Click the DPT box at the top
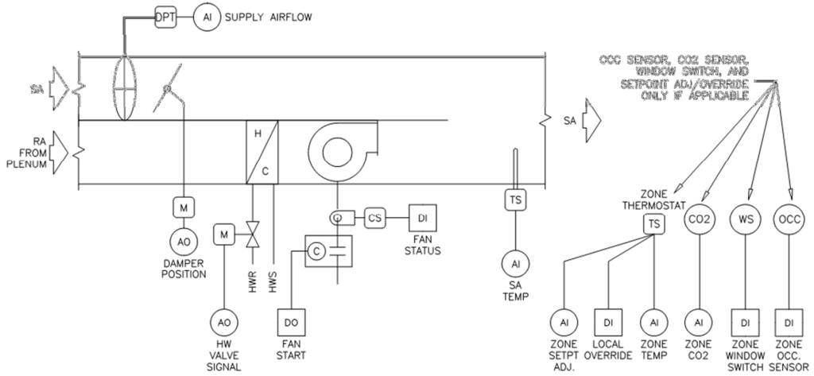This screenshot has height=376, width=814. tap(165, 17)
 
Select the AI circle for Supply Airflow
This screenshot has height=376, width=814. tap(205, 17)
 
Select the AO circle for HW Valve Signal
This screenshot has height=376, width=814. tap(221, 323)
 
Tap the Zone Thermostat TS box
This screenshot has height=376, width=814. tap(653, 225)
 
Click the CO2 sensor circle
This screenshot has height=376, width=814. tap(698, 219)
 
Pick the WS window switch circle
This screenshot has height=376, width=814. tap(745, 219)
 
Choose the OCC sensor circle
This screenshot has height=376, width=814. tap(789, 219)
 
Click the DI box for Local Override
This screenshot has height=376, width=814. tap(608, 323)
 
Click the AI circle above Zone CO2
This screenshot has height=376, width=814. tap(698, 323)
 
